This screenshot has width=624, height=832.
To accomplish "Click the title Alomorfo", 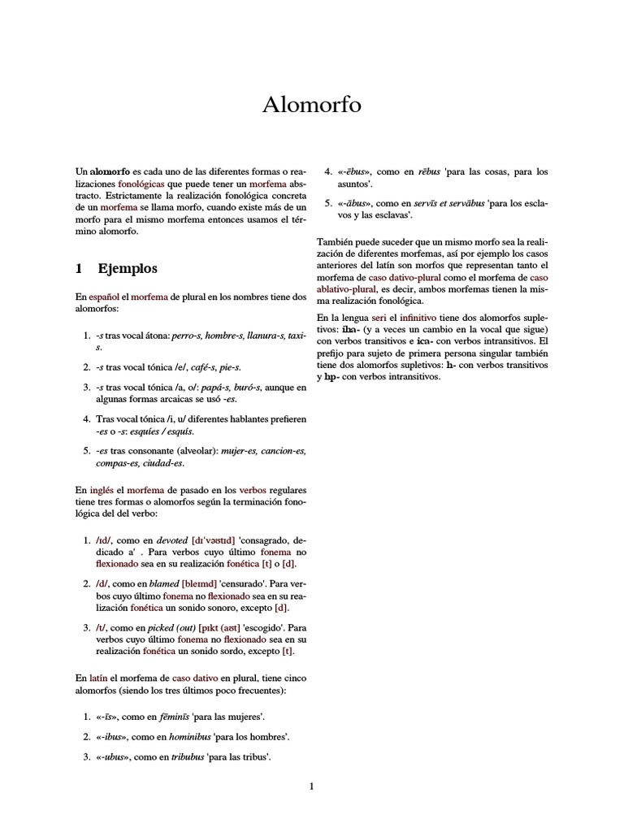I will point(312,105).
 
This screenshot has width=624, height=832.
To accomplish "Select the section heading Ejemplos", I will point(128,268).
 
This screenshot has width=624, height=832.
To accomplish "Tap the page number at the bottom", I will point(311,786).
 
